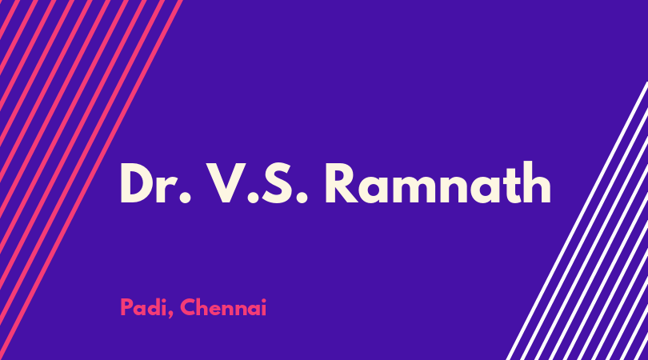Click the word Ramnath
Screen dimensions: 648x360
[438, 182]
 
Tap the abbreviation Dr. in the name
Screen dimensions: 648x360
[156, 183]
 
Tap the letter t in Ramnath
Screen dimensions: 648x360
[506, 186]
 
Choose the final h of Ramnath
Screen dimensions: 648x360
[536, 182]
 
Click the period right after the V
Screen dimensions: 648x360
[253, 198]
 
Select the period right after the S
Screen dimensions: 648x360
[302, 198]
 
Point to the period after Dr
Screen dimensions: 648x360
[186, 198]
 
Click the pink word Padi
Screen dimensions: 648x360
[143, 307]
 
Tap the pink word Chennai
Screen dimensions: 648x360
[223, 307]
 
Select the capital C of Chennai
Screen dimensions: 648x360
[188, 307]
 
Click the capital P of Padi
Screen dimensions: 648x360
[126, 307]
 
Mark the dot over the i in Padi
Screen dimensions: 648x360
[163, 301]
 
